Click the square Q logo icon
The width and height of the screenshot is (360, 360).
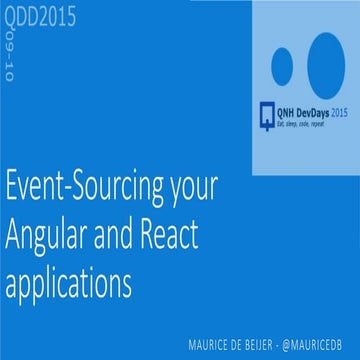pyautogui.click(x=267, y=105)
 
